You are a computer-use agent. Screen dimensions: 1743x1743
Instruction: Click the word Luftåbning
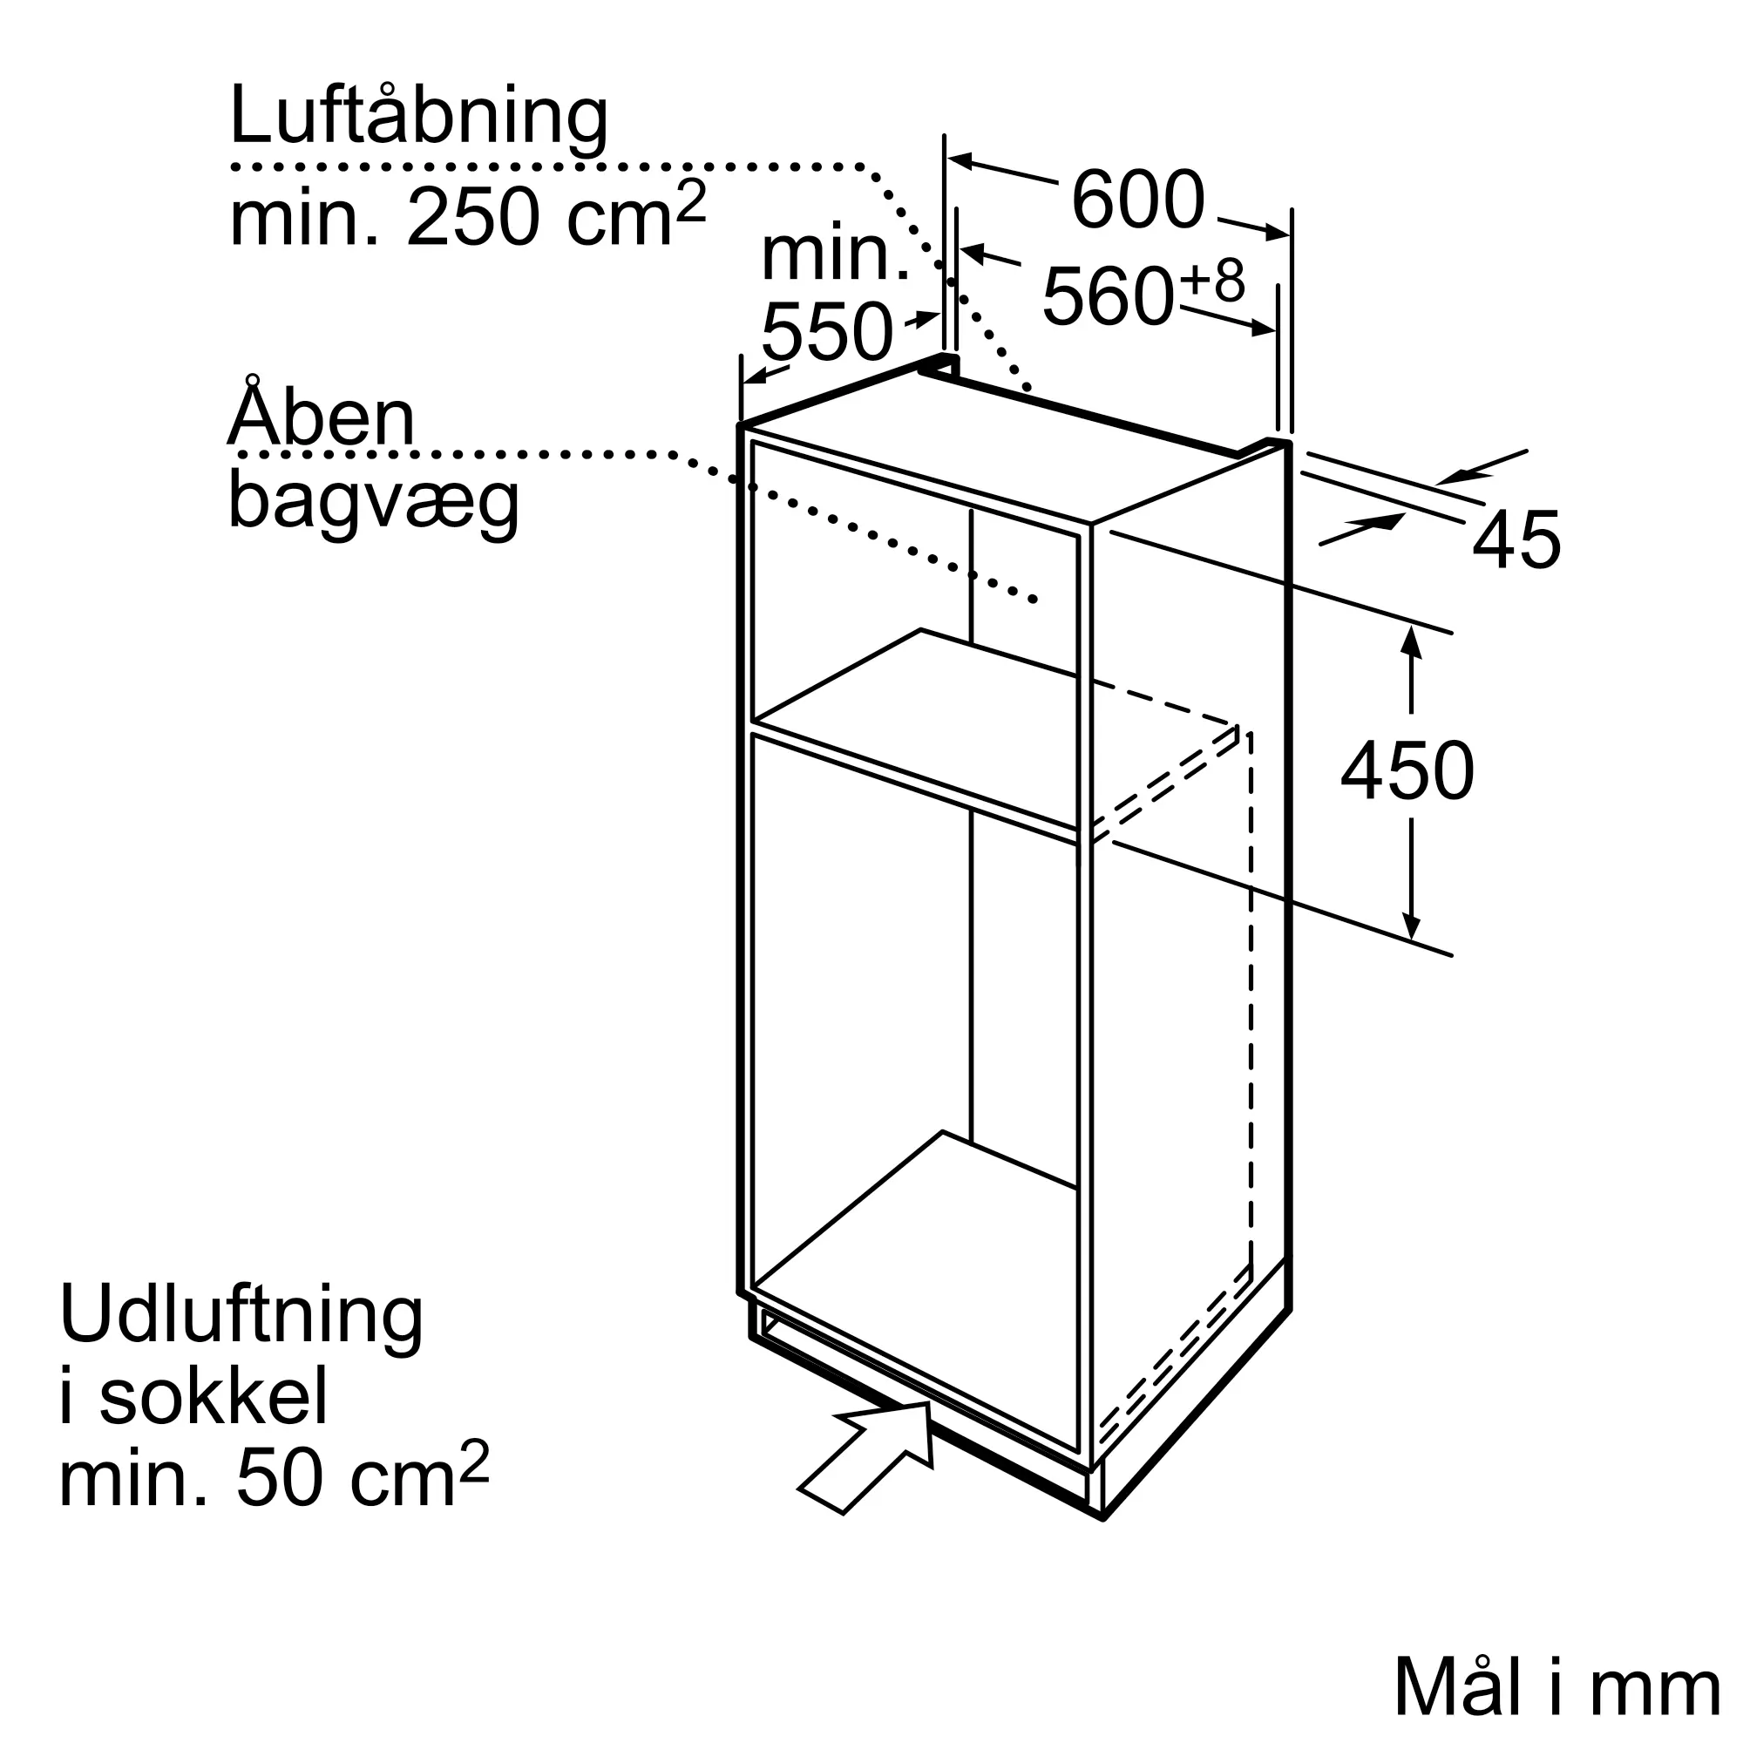418,119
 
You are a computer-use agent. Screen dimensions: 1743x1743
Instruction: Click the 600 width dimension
1137,200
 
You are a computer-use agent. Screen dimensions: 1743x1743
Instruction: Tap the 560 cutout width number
1108,296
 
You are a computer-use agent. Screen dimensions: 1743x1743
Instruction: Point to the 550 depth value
826,332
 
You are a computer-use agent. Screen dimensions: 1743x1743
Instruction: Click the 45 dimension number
1516,539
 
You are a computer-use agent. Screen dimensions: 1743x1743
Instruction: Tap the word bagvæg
374,502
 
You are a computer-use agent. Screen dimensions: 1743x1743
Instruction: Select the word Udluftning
241,1318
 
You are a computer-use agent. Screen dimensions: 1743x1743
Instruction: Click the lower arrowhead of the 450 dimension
1411,926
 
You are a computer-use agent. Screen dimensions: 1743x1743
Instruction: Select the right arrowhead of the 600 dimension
1278,232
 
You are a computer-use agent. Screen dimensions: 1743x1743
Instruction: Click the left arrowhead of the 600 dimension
959,161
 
